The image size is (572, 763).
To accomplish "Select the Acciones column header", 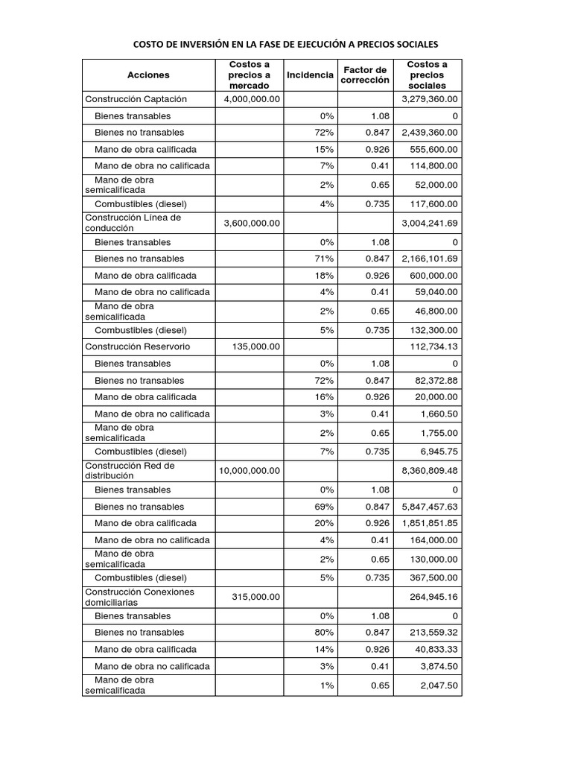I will tap(148, 75).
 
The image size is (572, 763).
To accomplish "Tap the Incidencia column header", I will tap(310, 75).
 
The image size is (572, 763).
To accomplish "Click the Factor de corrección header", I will tap(365, 75).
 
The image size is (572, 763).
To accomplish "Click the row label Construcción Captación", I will tap(136, 99).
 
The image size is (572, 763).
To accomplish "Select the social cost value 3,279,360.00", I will tap(430, 99).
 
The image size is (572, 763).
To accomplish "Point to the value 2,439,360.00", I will tap(430, 133).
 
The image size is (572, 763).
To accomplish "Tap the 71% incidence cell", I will tap(325, 259).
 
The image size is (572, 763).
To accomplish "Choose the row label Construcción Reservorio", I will tap(138, 346).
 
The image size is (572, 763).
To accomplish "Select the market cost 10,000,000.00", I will tap(249, 470).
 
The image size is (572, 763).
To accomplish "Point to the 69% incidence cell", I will tap(325, 506).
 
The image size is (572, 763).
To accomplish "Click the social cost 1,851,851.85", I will tap(430, 523).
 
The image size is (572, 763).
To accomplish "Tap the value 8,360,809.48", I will tap(430, 470).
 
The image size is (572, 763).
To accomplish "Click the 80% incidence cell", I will tap(325, 633).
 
